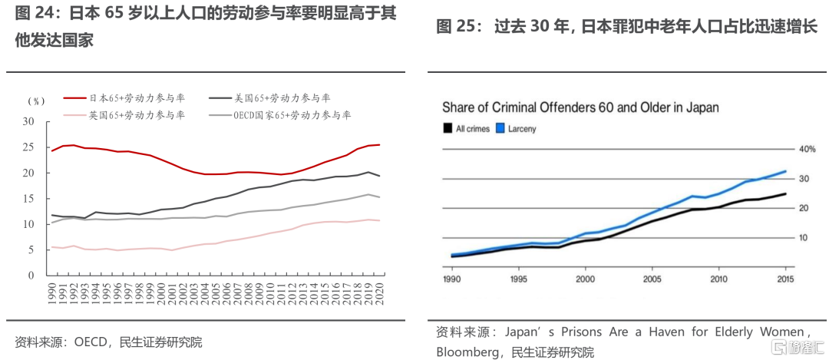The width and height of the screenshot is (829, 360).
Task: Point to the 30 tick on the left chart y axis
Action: point(28,122)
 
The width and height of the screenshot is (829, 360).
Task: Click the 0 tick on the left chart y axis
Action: point(31,275)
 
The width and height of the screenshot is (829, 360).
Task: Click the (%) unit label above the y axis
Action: point(37,102)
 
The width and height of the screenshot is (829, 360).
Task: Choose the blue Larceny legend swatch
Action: point(501,129)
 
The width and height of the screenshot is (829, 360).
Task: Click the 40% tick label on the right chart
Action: point(807,149)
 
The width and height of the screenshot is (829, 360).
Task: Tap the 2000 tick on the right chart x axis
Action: point(585,279)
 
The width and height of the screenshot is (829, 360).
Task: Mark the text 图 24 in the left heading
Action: point(32,15)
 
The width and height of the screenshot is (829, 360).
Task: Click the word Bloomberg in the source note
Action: point(465,352)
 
